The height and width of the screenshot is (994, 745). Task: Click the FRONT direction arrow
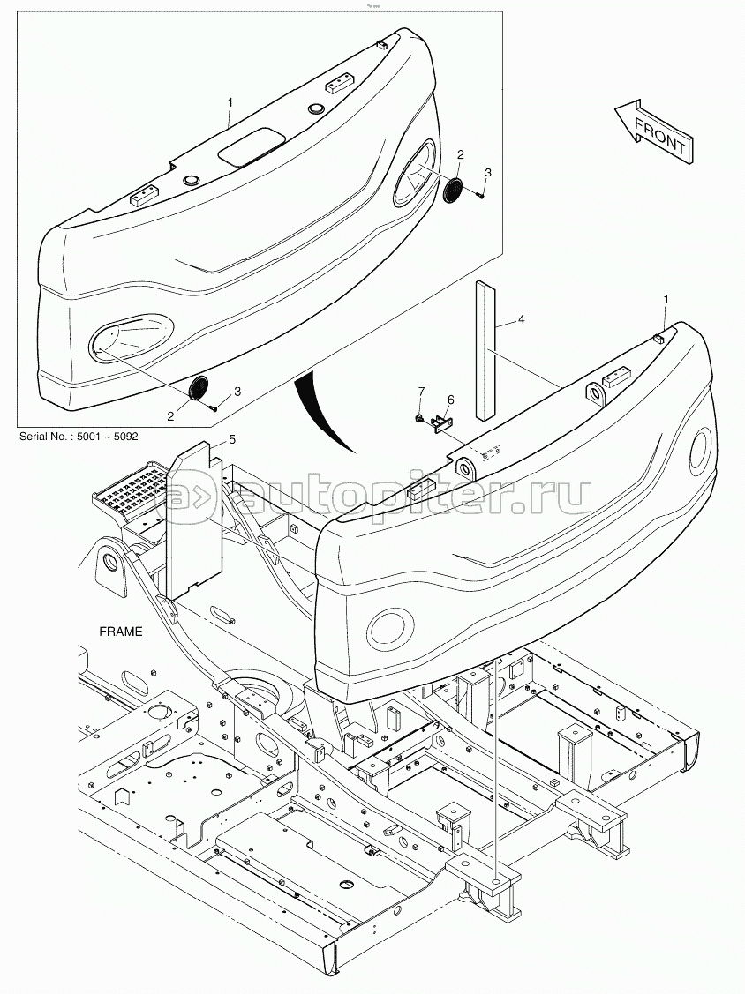coord(650,131)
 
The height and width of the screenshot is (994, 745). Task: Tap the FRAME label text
coord(120,632)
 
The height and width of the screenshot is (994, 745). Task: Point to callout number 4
coord(521,318)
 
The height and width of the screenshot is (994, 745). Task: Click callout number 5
coord(232,438)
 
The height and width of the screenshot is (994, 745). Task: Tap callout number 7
coord(421,391)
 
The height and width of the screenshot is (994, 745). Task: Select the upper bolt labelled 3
coord(479,195)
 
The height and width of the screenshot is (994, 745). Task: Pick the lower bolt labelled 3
coord(214,407)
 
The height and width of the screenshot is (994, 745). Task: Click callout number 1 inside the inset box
coord(230,103)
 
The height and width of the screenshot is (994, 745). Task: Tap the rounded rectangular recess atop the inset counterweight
coord(250,146)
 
